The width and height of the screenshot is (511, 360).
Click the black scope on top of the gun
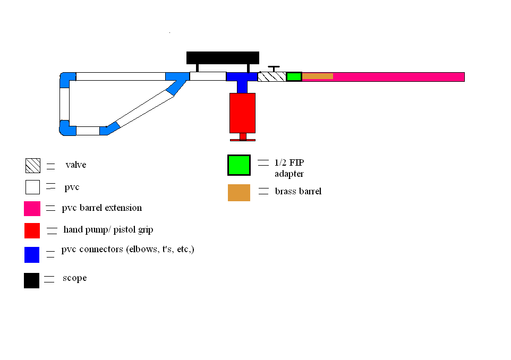pyautogui.click(x=223, y=57)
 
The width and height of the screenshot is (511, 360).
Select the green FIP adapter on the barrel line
pyautogui.click(x=294, y=76)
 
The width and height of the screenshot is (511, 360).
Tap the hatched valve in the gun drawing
pyautogui.click(x=271, y=76)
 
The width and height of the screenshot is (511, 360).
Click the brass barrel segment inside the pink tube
pyautogui.click(x=318, y=76)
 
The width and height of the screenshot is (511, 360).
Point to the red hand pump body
pyautogui.click(x=242, y=113)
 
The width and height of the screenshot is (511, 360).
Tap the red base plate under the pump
pyautogui.click(x=242, y=140)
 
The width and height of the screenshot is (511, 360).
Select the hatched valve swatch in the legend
pyautogui.click(x=32, y=166)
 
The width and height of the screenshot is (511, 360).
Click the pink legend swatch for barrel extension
pyautogui.click(x=32, y=209)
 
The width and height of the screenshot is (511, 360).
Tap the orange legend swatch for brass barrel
pyautogui.click(x=239, y=192)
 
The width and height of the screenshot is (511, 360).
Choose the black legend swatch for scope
pyautogui.click(x=31, y=280)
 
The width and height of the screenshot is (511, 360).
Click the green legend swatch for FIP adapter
pyautogui.click(x=239, y=165)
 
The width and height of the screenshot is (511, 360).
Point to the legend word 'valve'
pyautogui.click(x=75, y=165)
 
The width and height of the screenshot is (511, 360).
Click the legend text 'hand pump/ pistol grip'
pyautogui.click(x=108, y=230)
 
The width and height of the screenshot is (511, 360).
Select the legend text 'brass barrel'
pyautogui.click(x=298, y=191)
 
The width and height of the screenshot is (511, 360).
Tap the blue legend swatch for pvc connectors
pyautogui.click(x=32, y=254)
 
